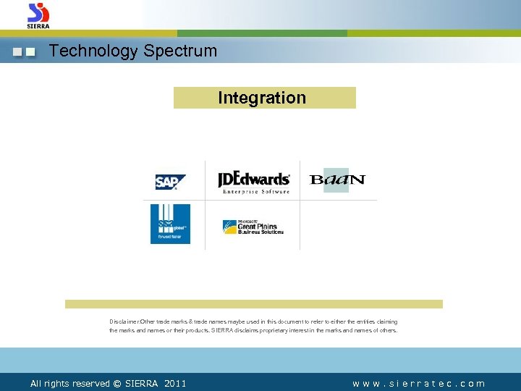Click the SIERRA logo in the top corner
(38, 14)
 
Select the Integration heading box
(264, 98)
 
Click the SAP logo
(170, 182)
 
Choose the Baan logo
(337, 180)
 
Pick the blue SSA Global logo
(170, 224)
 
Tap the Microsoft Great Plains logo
(253, 227)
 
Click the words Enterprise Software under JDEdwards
(255, 192)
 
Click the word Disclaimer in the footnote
(124, 321)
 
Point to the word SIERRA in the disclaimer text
(224, 330)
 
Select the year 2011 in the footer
(175, 384)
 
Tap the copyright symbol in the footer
(117, 384)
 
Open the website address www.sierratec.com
(418, 384)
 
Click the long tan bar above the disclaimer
(253, 304)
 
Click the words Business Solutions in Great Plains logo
(261, 232)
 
